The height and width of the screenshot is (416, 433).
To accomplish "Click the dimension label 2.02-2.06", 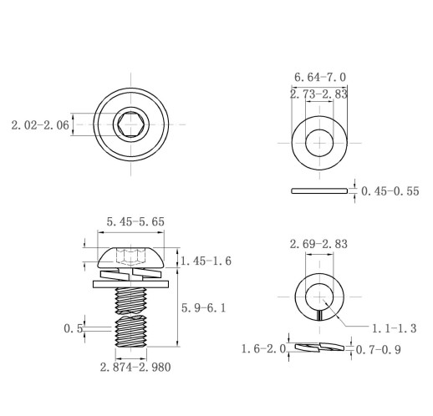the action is pos(40,125).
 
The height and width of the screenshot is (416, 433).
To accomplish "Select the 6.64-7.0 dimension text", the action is pos(320,77).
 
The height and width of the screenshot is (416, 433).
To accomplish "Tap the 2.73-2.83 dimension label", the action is pos(318,94).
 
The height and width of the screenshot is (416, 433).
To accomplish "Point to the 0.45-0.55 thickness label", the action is pos(390,191).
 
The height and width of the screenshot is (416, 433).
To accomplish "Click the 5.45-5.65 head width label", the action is pos(135,221).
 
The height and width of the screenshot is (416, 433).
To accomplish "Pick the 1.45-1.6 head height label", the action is pos(206,261).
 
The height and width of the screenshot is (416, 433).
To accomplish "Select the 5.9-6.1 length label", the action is pos(203,308).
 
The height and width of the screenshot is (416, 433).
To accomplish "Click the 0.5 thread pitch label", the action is pos(74,328).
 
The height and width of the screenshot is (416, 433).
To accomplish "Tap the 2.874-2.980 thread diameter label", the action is pos(135,368).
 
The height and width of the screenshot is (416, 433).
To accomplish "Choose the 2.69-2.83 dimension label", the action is pos(318,244).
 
